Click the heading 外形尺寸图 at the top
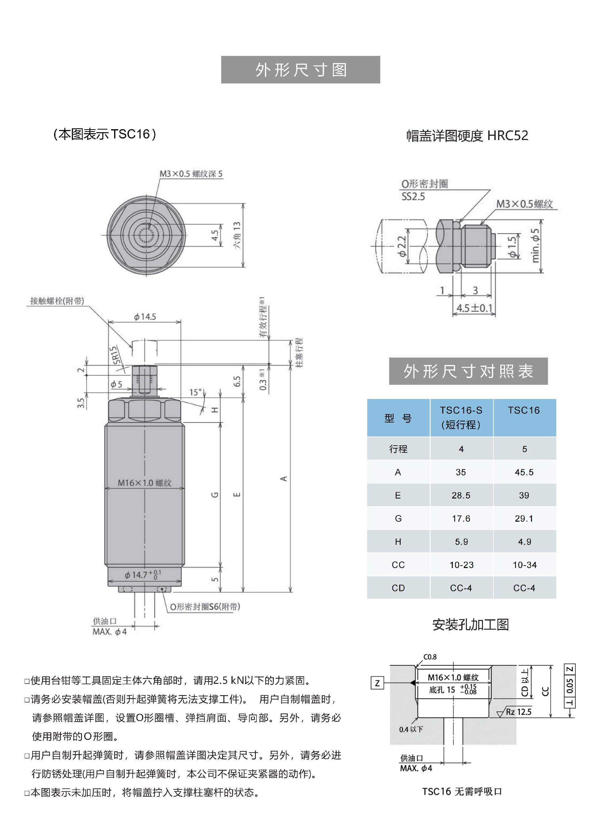point(300,70)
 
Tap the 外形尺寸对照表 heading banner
point(468,371)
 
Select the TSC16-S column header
point(461,417)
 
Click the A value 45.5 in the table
point(524,472)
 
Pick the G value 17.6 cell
point(461,519)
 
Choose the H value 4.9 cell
point(524,542)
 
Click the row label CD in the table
point(398,588)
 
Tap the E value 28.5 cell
point(461,495)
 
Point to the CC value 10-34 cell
point(524,565)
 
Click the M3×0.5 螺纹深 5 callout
point(191,174)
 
